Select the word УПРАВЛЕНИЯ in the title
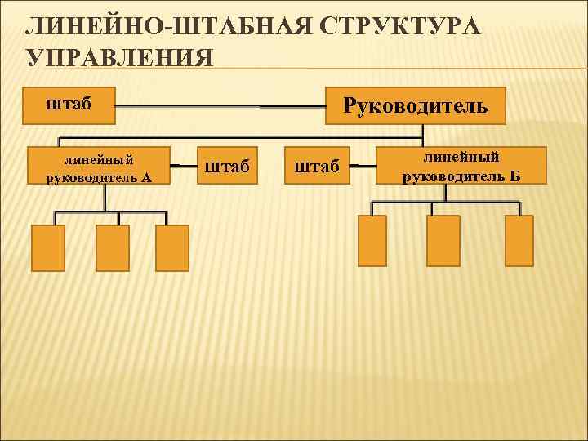click(x=119, y=58)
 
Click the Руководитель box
click(x=416, y=105)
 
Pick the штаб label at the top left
click(x=68, y=104)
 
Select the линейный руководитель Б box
click(x=461, y=166)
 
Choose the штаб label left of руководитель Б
click(x=316, y=167)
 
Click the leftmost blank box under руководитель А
click(x=48, y=247)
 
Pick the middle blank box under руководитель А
click(x=113, y=247)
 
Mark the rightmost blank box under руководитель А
click(x=172, y=247)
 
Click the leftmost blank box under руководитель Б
click(x=373, y=241)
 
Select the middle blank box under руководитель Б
click(x=445, y=241)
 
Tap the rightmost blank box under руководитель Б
click(x=519, y=241)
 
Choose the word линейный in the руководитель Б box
click(x=461, y=157)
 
